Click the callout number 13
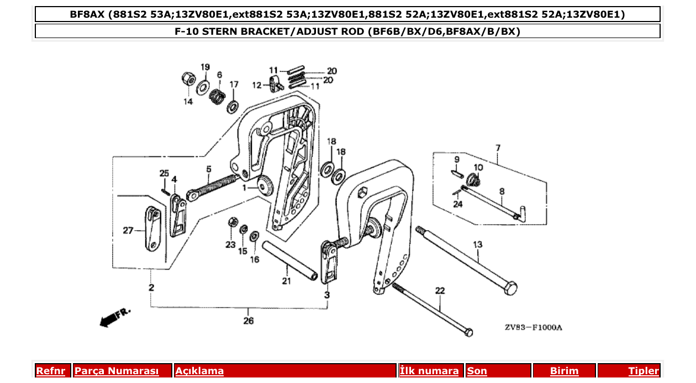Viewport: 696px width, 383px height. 477,244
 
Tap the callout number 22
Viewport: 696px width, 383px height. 440,290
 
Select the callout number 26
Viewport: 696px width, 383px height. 249,321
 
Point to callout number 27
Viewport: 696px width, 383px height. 128,231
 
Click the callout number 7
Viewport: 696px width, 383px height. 498,148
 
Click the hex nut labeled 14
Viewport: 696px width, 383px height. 188,79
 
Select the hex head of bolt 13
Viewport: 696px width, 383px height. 512,288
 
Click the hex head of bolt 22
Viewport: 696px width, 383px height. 468,333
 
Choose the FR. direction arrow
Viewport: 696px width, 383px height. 114,318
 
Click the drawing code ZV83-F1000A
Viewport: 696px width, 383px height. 533,327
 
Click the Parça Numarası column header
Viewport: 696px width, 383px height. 117,371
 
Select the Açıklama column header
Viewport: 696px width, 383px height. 199,371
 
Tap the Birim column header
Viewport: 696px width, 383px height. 564,371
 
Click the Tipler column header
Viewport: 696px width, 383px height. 643,371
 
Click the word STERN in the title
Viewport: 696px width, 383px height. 219,31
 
